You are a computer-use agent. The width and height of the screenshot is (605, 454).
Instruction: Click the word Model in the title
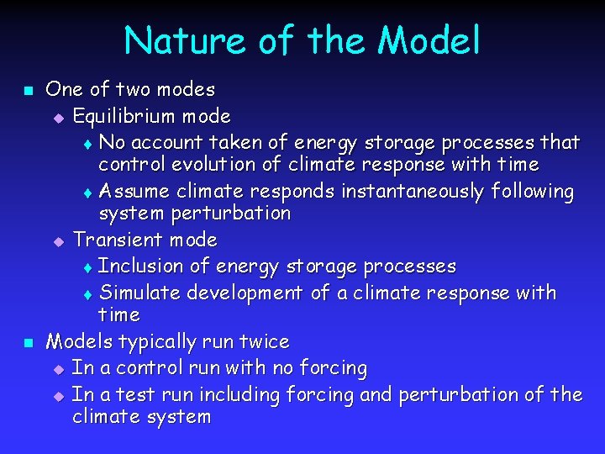click(x=429, y=40)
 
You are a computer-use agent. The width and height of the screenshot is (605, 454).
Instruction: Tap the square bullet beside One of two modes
click(x=27, y=90)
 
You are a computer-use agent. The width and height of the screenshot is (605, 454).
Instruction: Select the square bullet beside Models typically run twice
click(x=27, y=343)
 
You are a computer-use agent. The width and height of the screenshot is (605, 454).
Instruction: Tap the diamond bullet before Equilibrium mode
click(x=58, y=117)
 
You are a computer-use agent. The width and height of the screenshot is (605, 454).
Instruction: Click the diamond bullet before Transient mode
click(x=58, y=241)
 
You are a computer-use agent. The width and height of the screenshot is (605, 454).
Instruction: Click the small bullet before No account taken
click(x=89, y=143)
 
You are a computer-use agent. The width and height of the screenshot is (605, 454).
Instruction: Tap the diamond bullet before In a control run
click(x=58, y=369)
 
